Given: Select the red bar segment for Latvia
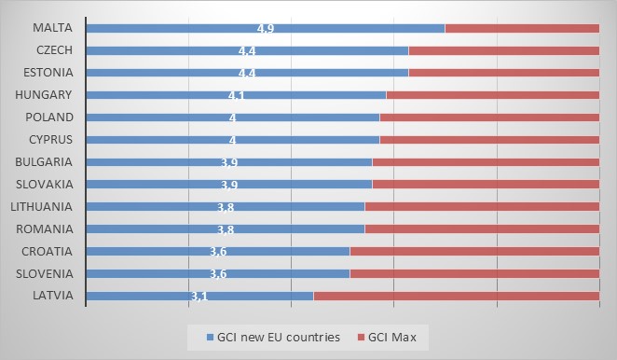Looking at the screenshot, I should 456,296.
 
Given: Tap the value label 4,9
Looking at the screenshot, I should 266,28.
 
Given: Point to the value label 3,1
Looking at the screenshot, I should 199,296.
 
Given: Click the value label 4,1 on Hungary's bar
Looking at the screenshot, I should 236,95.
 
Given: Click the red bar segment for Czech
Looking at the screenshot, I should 503,50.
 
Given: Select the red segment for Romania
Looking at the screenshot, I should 481,228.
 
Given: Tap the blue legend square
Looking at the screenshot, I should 209,335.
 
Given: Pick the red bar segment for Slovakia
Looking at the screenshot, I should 485,185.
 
